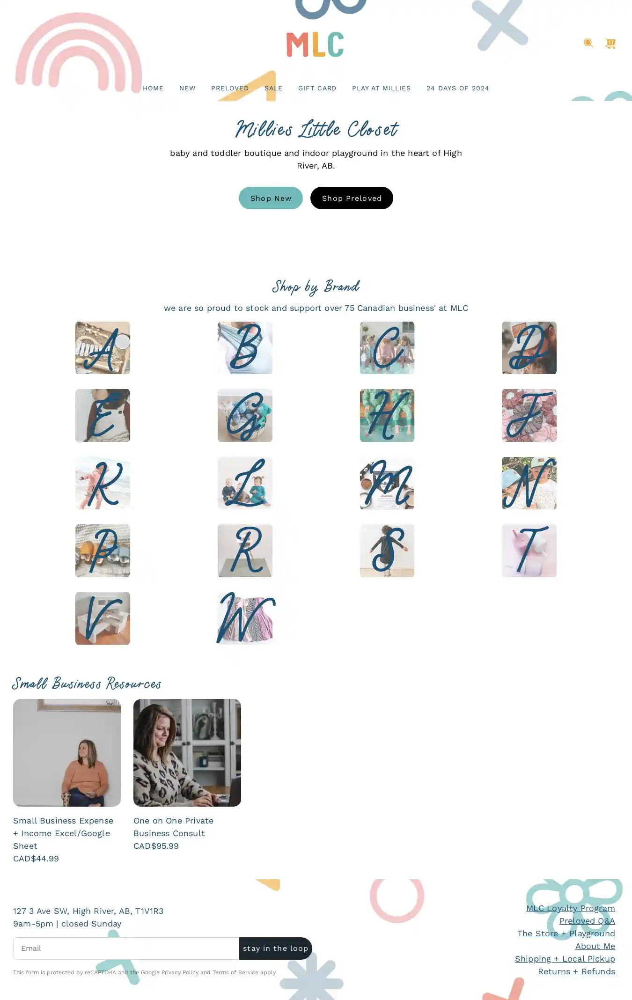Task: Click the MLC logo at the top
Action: click(x=315, y=44)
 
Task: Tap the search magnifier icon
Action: click(x=588, y=43)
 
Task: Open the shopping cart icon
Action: click(x=610, y=43)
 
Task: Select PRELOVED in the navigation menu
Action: click(x=230, y=88)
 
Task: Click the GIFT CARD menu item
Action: click(x=317, y=88)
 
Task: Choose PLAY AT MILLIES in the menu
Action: click(x=382, y=88)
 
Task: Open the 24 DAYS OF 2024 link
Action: click(x=458, y=88)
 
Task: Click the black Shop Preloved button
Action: click(x=352, y=198)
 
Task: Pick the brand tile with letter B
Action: click(x=245, y=348)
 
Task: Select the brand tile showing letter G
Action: click(x=245, y=415)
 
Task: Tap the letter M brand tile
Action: click(x=387, y=483)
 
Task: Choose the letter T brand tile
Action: click(x=529, y=551)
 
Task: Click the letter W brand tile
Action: click(x=245, y=618)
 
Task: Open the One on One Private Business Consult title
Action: click(x=174, y=827)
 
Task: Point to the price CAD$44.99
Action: click(x=36, y=859)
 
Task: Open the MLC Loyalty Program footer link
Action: click(x=571, y=908)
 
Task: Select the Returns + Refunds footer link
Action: click(x=576, y=971)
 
